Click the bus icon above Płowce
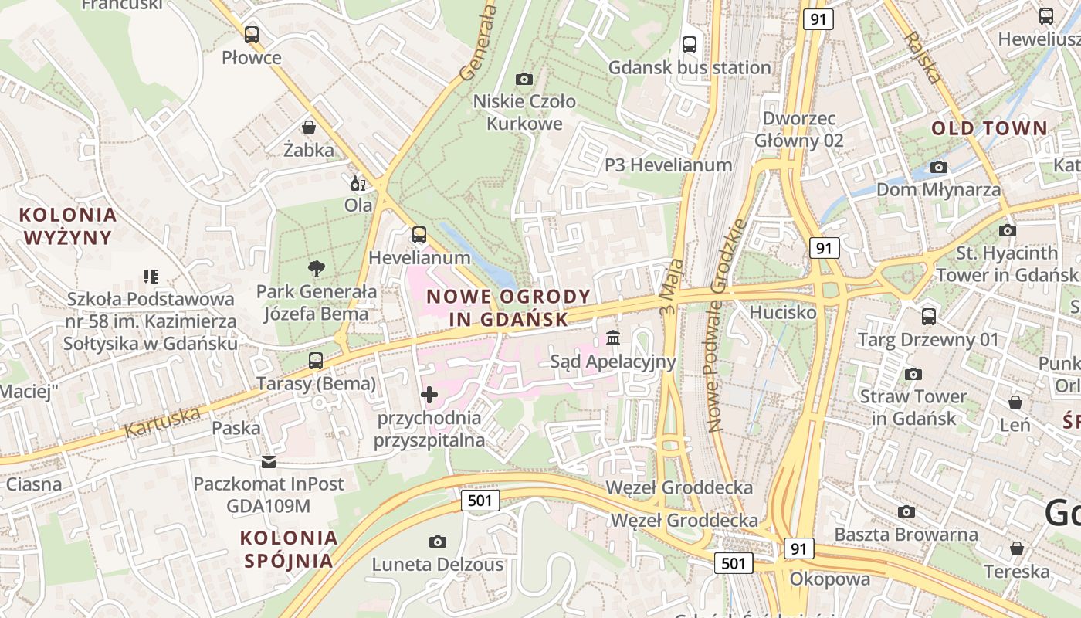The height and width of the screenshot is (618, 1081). point(251,35)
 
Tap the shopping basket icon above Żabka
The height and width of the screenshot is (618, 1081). point(308,127)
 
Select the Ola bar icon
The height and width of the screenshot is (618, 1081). point(358,184)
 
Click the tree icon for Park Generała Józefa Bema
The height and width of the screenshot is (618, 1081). point(316,269)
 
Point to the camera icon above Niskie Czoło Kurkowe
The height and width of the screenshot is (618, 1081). point(524,79)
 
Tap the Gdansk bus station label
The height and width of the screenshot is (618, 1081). point(690,67)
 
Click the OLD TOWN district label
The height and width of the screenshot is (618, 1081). point(989,128)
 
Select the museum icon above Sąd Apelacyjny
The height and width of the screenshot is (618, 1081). point(613,338)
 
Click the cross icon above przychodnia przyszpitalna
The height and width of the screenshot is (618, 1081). point(429,396)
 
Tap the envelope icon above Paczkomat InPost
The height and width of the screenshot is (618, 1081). point(269,462)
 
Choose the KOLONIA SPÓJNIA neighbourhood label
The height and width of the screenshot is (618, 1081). point(289,549)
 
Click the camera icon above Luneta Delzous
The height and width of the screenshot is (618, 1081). point(438,542)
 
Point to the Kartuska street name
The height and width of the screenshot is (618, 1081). point(161,422)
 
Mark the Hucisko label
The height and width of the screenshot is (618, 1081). point(782,313)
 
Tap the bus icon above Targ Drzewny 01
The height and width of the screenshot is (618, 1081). point(928,317)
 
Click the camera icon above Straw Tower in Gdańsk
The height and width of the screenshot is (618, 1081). point(913,375)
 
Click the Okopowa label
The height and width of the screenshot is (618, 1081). point(829,579)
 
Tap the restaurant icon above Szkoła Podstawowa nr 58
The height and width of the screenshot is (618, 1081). point(151,276)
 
